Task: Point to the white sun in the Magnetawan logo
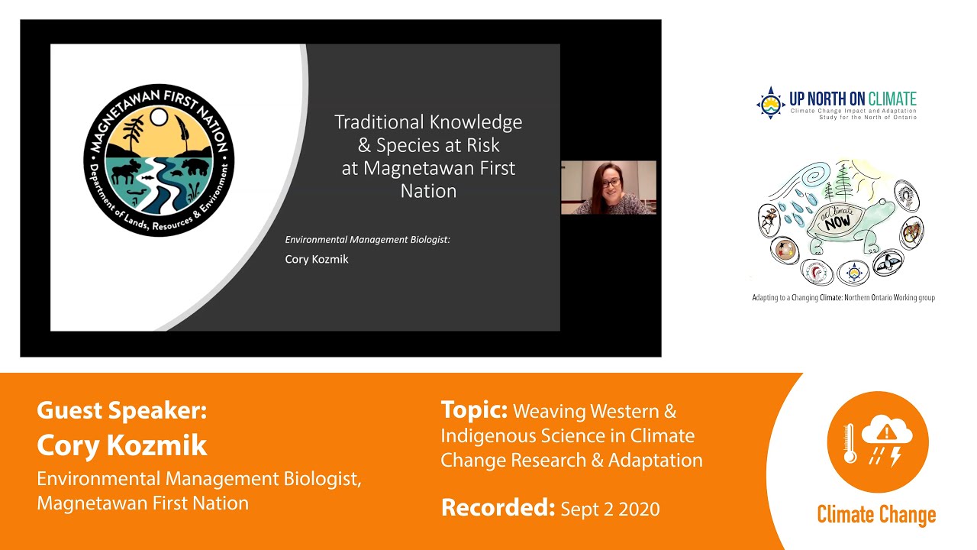tap(158, 117)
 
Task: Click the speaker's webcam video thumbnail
tap(608, 187)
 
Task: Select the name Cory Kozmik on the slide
tap(317, 259)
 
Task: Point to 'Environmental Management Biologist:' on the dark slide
tap(368, 240)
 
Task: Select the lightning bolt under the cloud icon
tap(895, 456)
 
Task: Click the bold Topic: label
tap(474, 410)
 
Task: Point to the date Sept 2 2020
tap(610, 509)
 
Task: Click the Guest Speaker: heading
tap(121, 411)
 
